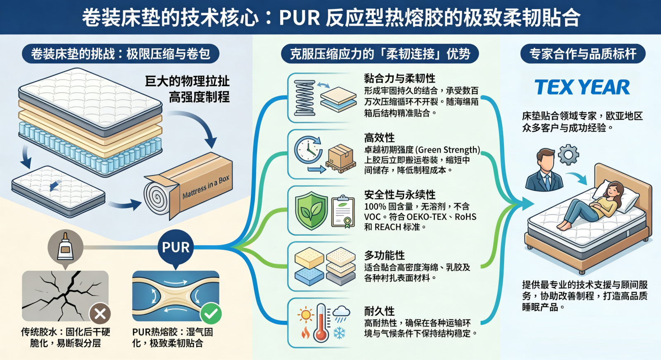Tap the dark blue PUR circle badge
(176, 247)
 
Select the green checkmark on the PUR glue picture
(211, 314)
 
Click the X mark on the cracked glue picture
(100, 314)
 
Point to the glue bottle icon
(65, 247)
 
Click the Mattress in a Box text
(206, 187)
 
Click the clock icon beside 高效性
(308, 149)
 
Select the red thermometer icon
(321, 324)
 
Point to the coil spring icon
(304, 98)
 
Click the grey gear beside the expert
(568, 155)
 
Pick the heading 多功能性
(384, 255)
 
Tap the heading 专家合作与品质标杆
(583, 54)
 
